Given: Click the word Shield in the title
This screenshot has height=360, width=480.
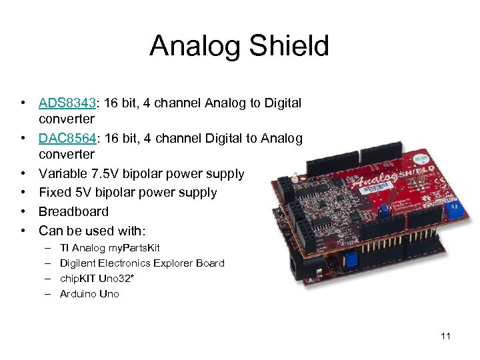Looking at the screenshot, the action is (x=291, y=46).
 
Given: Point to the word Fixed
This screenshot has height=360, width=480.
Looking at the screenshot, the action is (x=54, y=193).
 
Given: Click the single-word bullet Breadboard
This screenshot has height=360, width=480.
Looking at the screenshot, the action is (x=73, y=211).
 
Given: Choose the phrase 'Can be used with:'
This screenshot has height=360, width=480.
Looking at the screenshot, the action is (x=91, y=231).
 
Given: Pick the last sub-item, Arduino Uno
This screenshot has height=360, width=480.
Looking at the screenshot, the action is (x=89, y=294).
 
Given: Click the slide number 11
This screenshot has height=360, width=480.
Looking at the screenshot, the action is (x=445, y=336).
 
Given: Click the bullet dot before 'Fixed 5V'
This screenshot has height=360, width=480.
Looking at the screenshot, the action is (x=23, y=193).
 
